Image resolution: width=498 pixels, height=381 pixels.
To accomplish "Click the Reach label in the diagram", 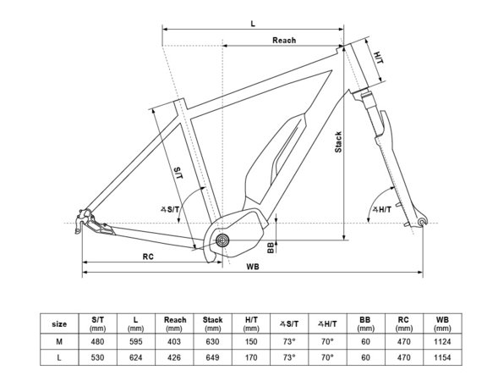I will pos(284,41).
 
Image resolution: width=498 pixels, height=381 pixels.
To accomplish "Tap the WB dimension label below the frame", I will pos(253,267).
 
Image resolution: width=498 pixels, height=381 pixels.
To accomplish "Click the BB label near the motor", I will pos(270,247).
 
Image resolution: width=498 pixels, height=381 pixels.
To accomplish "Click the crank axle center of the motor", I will pos(222,242).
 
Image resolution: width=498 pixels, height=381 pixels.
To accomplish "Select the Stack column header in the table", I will pos(213,323).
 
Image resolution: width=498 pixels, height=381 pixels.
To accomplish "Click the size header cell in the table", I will pos(59,323).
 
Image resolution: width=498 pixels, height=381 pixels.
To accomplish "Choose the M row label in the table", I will pos(59,341).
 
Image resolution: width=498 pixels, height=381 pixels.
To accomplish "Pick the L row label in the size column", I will pos(59,358).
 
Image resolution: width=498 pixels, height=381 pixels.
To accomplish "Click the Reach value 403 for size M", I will pos(174,341).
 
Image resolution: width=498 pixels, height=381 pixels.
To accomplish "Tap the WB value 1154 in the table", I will pos(442,358).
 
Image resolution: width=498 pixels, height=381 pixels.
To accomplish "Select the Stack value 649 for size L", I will pos(213,358).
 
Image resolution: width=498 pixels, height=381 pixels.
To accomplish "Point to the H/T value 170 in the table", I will pos(251,358).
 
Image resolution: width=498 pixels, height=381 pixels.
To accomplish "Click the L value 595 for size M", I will pos(135,341).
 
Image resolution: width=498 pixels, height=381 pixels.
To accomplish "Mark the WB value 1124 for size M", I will pos(442,341).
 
